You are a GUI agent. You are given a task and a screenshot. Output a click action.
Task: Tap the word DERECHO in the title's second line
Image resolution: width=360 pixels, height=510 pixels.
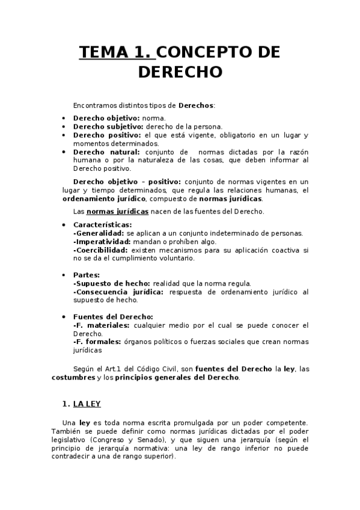click(x=180, y=72)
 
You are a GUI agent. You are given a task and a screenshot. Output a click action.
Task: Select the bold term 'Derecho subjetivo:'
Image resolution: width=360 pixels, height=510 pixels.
click(x=108, y=127)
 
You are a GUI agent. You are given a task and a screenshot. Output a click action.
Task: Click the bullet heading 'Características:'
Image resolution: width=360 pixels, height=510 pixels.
click(x=103, y=225)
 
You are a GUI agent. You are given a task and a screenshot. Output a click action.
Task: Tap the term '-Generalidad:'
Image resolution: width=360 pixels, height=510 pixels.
click(x=99, y=233)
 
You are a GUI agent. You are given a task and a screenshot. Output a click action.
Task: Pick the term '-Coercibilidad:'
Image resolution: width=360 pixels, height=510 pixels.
click(x=100, y=250)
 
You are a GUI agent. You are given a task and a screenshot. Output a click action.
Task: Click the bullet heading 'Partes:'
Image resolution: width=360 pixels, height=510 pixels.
click(x=87, y=275)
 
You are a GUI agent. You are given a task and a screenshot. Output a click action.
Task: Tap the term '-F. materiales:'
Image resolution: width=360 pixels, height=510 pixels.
click(x=101, y=325)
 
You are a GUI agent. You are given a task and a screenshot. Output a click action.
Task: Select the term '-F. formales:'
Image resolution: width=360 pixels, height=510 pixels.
click(x=97, y=342)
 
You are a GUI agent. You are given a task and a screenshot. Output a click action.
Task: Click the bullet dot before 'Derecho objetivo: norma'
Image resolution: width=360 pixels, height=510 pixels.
click(x=64, y=118)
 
